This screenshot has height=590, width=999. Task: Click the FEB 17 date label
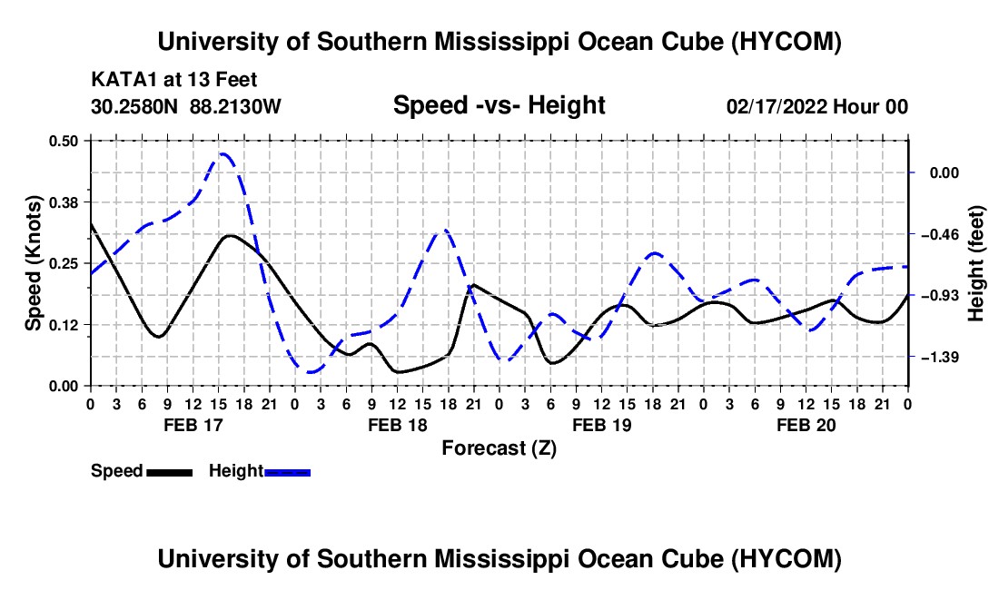193,425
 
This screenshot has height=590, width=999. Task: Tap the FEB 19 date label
601,425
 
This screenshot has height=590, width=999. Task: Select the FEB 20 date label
806,425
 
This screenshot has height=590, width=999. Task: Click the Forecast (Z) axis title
499,448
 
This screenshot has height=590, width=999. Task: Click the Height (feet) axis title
976,263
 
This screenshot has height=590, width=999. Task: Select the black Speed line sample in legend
170,472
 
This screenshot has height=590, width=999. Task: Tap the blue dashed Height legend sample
287,472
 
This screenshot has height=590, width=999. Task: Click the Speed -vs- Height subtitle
499,105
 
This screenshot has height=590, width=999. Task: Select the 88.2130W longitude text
235,106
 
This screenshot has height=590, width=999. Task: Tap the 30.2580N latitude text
134,106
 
